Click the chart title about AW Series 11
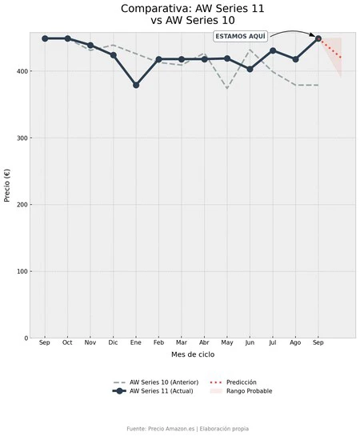(x=192, y=14)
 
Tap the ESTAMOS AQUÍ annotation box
(x=241, y=37)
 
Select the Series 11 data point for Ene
(x=136, y=85)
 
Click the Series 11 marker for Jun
(x=250, y=69)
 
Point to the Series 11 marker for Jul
(x=273, y=50)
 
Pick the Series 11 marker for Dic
(x=113, y=55)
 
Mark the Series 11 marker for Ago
(x=295, y=59)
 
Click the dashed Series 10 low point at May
(x=227, y=88)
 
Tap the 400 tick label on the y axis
(x=22, y=71)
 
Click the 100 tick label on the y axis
(x=22, y=271)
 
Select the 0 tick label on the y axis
(x=26, y=338)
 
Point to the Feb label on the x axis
(x=158, y=342)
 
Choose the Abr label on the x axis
(x=204, y=342)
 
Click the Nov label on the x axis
(x=90, y=342)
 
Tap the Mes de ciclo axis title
(x=193, y=354)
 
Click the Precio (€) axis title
(x=7, y=186)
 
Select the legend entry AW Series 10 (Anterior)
(x=156, y=382)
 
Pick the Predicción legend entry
(x=234, y=382)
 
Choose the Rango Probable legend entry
(x=241, y=391)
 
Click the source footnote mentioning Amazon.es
(x=188, y=429)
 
